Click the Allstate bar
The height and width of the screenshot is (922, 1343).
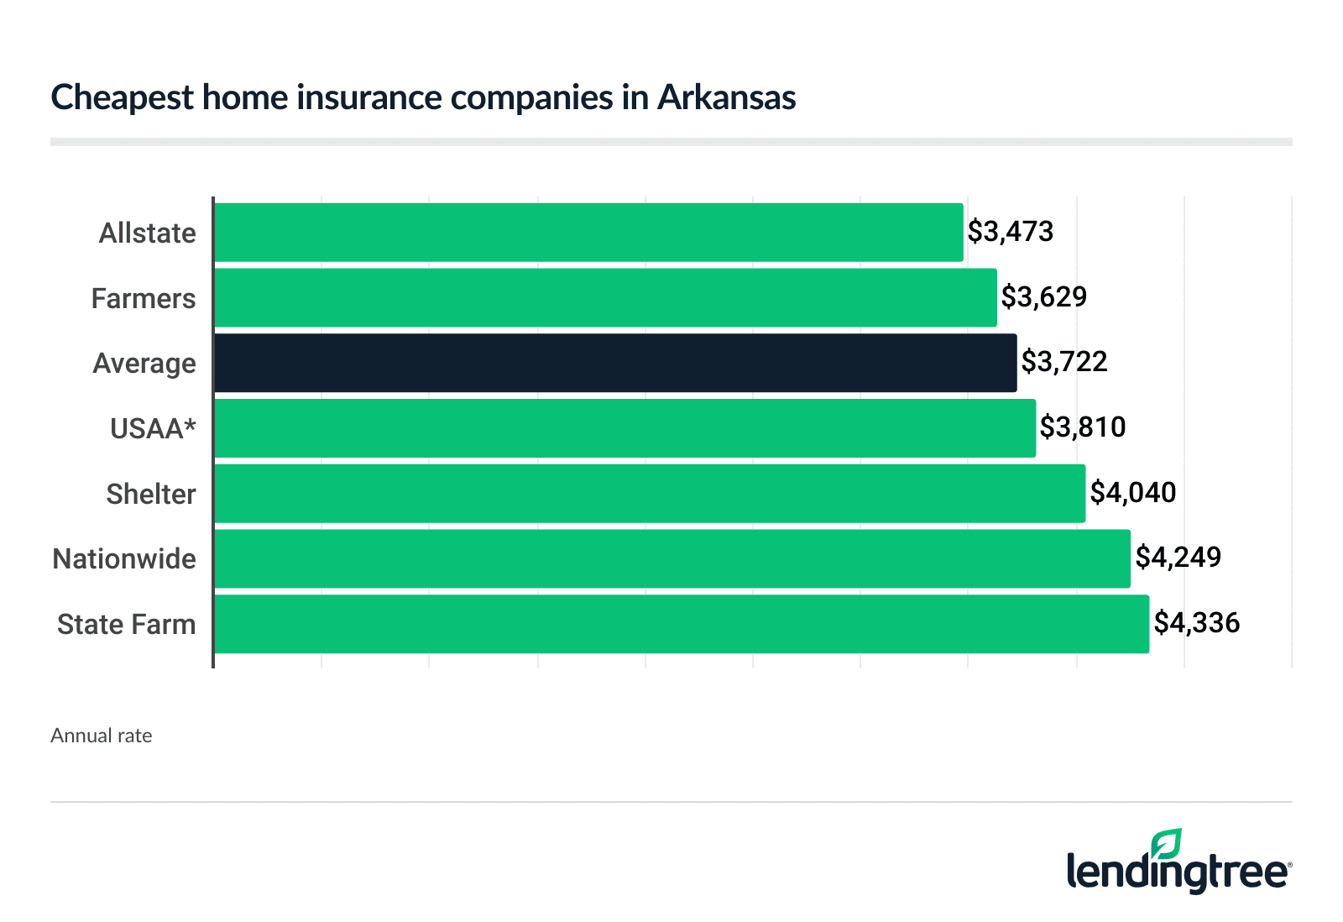coord(588,233)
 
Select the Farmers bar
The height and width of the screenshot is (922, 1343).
coord(604,298)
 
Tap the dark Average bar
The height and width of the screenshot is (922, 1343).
coord(614,363)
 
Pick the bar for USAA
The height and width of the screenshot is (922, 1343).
coord(624,428)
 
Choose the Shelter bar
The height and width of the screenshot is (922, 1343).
coord(649,494)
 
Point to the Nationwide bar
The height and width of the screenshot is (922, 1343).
coord(671,558)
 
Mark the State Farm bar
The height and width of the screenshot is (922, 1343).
coord(681,624)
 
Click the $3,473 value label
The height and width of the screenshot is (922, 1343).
coord(1010,232)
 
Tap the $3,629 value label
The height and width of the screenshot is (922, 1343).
coord(1043,297)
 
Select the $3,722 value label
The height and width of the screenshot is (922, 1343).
coord(1063,362)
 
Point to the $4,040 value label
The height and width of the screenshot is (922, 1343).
coord(1132,493)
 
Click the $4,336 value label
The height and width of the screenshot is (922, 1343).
coord(1196,623)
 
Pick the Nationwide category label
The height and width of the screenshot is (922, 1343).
coord(124,559)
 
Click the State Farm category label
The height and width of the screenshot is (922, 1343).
coord(126,625)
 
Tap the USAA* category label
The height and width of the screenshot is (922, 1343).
coord(153,429)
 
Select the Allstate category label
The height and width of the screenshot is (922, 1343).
coord(147,233)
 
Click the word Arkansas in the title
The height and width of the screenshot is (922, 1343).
coord(726,97)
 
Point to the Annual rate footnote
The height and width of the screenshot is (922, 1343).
coord(102,736)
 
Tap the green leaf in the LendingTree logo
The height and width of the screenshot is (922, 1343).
coord(1167,844)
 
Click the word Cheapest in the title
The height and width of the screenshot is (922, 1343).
coord(121,98)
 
